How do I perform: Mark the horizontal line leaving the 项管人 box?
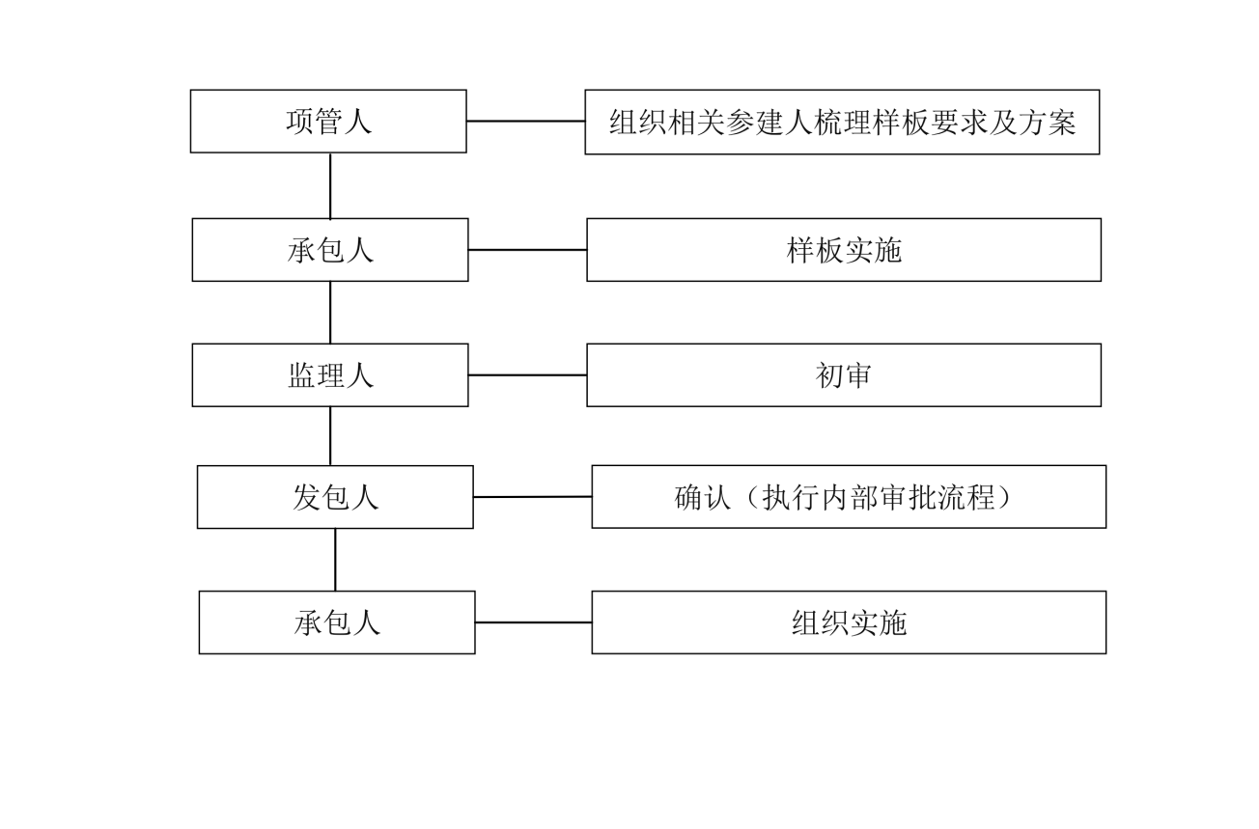pyautogui.click(x=525, y=121)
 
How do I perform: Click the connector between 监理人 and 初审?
pyautogui.click(x=527, y=374)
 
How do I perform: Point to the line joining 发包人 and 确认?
pyautogui.click(x=532, y=496)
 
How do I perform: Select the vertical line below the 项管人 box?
pyautogui.click(x=330, y=185)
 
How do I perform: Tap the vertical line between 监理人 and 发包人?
pyautogui.click(x=330, y=436)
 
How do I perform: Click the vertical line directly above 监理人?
pyautogui.click(x=330, y=313)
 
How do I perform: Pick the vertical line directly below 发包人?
pyautogui.click(x=335, y=560)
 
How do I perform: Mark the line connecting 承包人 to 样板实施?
pyautogui.click(x=527, y=249)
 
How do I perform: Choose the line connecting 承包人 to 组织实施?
pyautogui.click(x=533, y=622)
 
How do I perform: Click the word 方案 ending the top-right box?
pyautogui.click(x=1048, y=122)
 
